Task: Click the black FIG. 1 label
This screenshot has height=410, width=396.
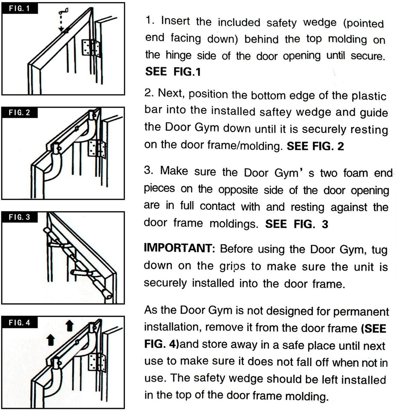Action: coord(20,8)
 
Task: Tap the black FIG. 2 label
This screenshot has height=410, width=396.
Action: coord(20,113)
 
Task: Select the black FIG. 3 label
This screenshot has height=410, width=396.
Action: coord(20,217)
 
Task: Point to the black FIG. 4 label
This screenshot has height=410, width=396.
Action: coord(20,322)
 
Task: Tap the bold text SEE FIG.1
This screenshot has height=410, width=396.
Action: coord(173,72)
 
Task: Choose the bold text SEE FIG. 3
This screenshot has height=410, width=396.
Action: coord(297,224)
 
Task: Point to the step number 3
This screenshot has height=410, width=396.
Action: coord(149,171)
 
